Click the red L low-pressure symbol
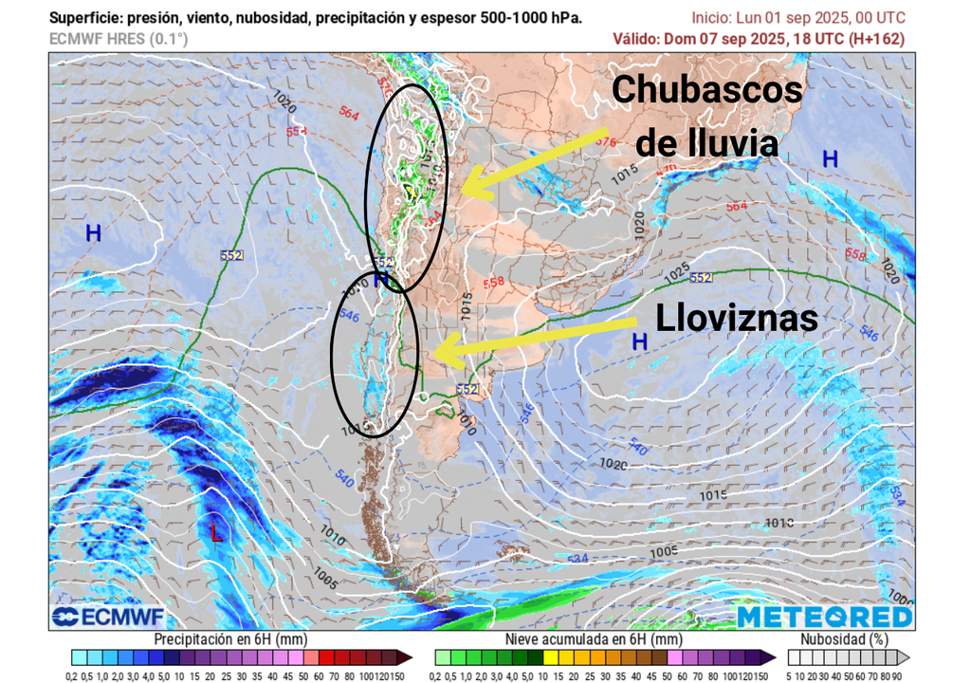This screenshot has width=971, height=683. [216, 533]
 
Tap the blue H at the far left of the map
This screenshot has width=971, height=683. [93, 232]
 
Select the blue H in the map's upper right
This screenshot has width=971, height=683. [830, 159]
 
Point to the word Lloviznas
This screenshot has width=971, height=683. [737, 319]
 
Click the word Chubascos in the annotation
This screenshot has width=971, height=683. [706, 91]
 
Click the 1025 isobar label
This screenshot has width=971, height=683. [677, 270]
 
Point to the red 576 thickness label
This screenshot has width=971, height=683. [606, 142]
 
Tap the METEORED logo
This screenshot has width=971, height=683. [824, 617]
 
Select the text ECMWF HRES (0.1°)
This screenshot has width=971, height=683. [119, 39]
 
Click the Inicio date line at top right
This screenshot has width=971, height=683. [798, 18]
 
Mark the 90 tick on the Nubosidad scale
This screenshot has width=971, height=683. [895, 674]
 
